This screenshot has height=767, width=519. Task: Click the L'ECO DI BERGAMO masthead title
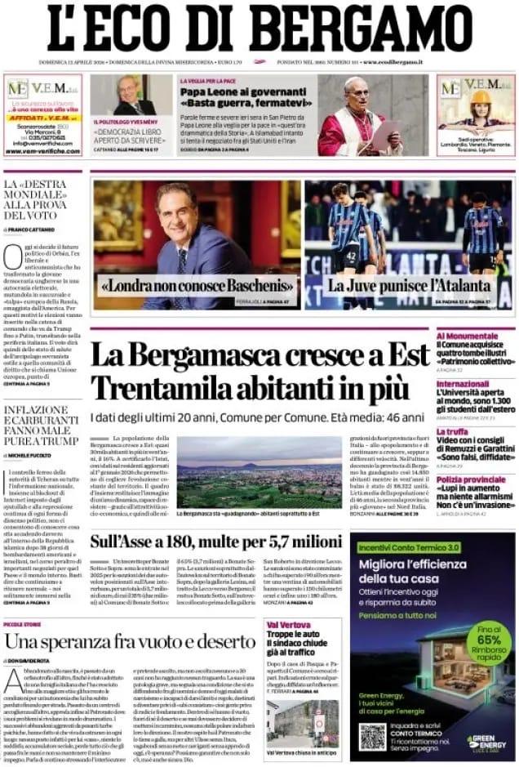pyautogui.click(x=259, y=29)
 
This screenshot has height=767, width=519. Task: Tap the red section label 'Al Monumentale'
pyautogui.click(x=467, y=336)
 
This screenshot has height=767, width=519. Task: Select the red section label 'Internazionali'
pyautogui.click(x=463, y=383)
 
